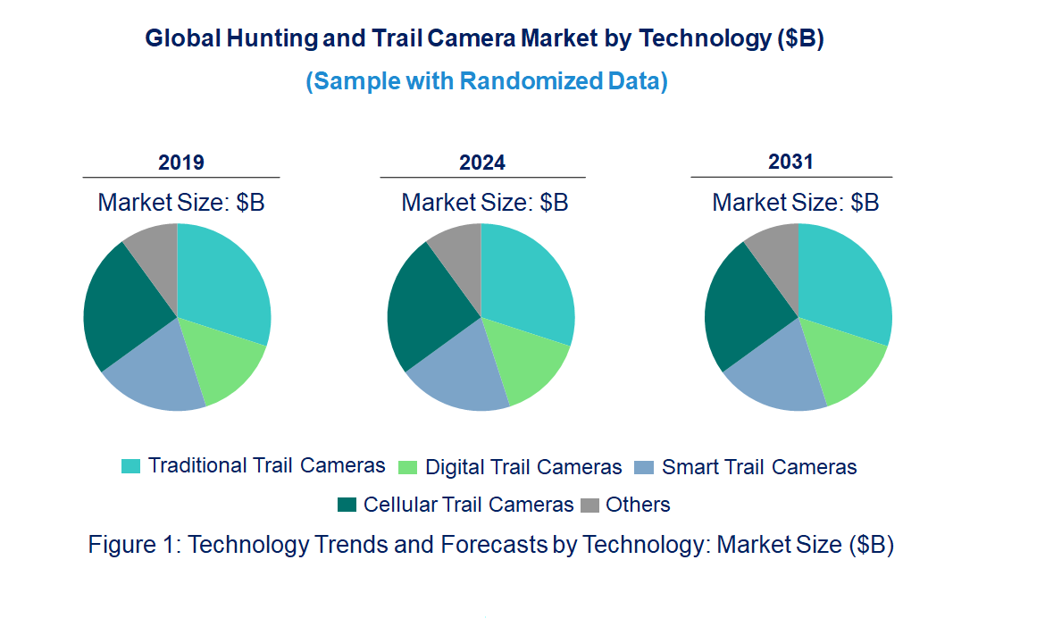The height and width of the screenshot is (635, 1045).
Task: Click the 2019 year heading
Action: (x=181, y=163)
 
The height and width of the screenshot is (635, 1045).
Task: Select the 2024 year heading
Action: (x=482, y=163)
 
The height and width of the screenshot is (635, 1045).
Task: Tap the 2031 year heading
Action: (x=791, y=162)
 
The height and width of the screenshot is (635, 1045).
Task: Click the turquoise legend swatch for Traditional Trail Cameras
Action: (x=130, y=466)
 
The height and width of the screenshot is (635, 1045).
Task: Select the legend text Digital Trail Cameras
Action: (x=523, y=467)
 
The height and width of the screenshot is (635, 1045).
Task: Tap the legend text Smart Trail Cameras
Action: (x=759, y=467)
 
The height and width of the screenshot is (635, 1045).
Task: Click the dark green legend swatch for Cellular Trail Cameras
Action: (x=347, y=505)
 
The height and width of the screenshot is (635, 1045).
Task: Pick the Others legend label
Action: (x=638, y=505)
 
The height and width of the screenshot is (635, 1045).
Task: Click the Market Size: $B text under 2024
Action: (x=484, y=202)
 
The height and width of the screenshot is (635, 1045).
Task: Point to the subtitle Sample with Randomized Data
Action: (x=487, y=81)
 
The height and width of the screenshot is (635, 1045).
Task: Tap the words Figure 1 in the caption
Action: (x=134, y=545)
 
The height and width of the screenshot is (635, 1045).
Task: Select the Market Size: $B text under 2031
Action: (x=795, y=202)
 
